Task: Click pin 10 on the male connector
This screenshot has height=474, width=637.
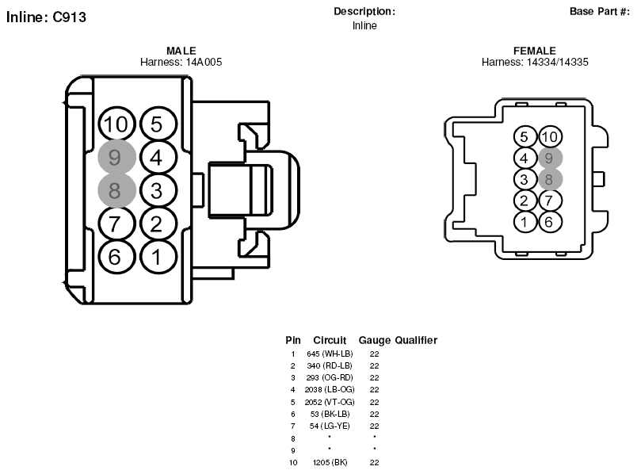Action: pyautogui.click(x=116, y=124)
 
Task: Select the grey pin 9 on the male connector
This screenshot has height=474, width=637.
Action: pyautogui.click(x=116, y=157)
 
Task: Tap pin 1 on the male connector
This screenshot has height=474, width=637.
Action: pyautogui.click(x=158, y=257)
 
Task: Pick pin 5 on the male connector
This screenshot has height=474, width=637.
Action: pyautogui.click(x=158, y=124)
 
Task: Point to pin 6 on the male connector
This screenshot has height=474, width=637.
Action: pyautogui.click(x=116, y=257)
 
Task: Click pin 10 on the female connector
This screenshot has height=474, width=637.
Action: pyautogui.click(x=551, y=136)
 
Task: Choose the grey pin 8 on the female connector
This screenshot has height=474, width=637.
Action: pyautogui.click(x=551, y=179)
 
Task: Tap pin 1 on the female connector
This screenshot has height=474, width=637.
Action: pyautogui.click(x=525, y=222)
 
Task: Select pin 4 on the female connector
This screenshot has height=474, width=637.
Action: pyautogui.click(x=525, y=158)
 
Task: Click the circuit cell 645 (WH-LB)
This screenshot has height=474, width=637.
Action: pyautogui.click(x=330, y=354)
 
